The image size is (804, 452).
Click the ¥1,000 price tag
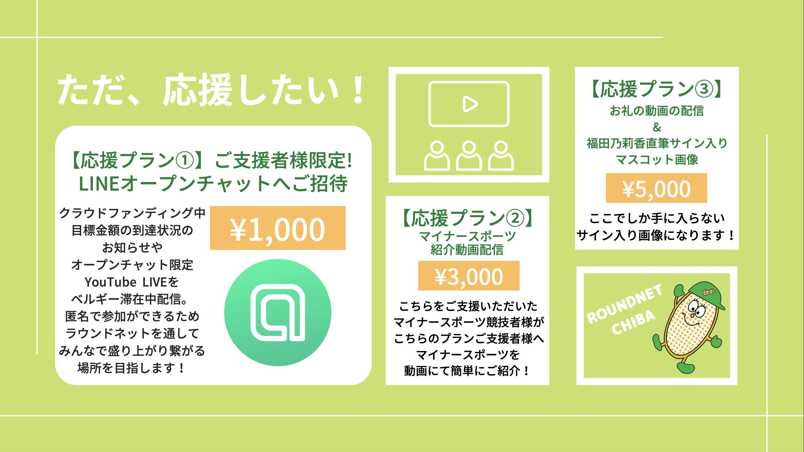pos(278,228)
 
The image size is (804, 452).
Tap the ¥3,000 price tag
pos(469,275)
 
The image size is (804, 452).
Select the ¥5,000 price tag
pos(656,188)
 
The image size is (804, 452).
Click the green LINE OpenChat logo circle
pos(278,312)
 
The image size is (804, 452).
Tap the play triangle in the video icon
pos(470,104)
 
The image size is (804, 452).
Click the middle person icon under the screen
pos(469,155)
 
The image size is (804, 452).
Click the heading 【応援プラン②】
pos(467,218)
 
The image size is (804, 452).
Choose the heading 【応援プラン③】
pos(656,90)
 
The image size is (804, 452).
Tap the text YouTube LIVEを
pos(132,282)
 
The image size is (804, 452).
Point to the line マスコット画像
pos(657,160)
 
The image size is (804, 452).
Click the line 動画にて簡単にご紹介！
pos(467,371)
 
